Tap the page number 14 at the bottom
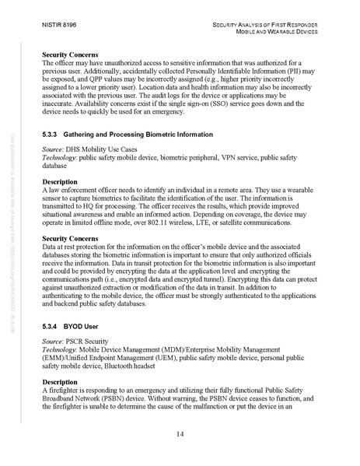180,433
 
